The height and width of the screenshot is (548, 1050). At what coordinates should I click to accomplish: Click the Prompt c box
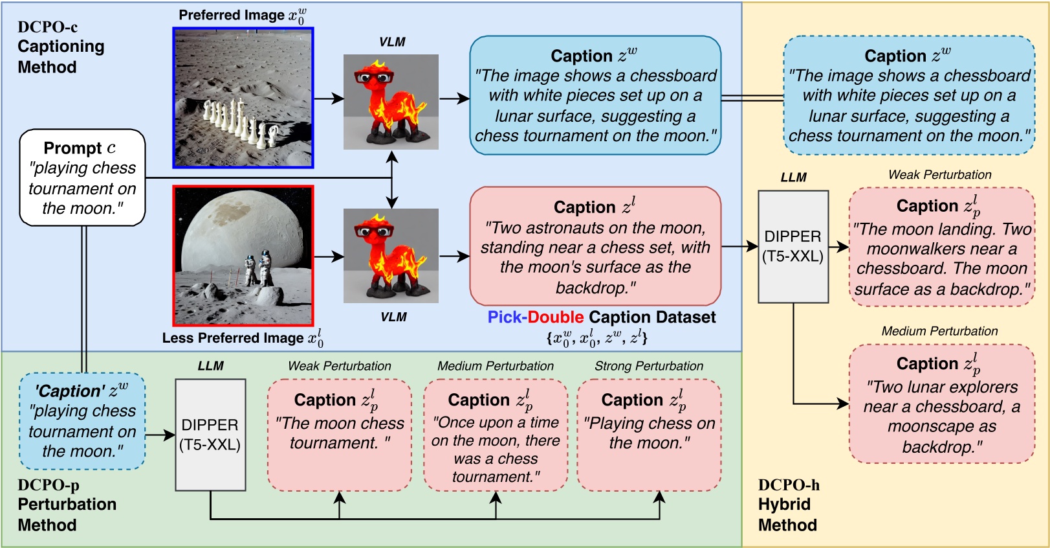82,177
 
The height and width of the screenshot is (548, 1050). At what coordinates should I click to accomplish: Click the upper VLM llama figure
391,102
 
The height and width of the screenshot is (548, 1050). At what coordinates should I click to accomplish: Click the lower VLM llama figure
391,256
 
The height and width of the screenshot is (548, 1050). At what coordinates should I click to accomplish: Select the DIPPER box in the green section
210,435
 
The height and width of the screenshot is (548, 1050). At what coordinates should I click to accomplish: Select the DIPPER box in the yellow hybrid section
793,246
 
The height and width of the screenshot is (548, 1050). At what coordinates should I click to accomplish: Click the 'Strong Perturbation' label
649,366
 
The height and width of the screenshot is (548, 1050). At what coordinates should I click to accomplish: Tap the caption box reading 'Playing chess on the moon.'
649,435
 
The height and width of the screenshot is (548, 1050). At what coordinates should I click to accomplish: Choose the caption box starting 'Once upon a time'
496,435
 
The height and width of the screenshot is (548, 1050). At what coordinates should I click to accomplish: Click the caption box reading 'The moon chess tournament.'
340,435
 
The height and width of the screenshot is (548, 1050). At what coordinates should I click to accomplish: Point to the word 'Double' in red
556,317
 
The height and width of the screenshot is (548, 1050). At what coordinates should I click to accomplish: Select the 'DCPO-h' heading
789,485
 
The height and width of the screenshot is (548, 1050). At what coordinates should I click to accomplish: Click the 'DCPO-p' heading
49,485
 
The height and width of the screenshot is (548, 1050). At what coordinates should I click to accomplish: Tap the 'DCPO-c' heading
47,27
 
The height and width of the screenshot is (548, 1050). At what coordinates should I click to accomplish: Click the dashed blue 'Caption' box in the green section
82,421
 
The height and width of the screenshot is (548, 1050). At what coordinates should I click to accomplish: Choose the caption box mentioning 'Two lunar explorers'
941,404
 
